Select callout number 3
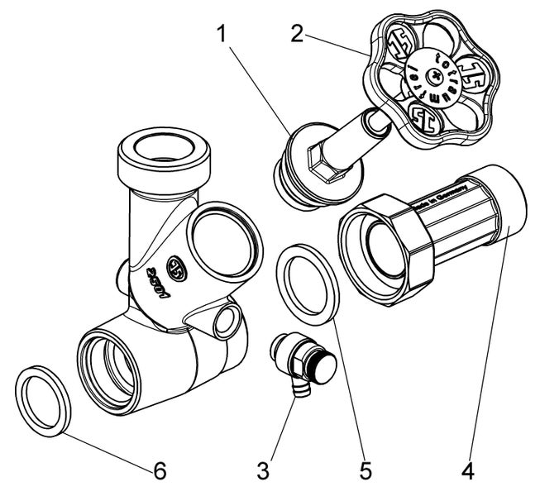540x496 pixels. click(x=263, y=472)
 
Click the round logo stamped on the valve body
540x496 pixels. click(x=176, y=269)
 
